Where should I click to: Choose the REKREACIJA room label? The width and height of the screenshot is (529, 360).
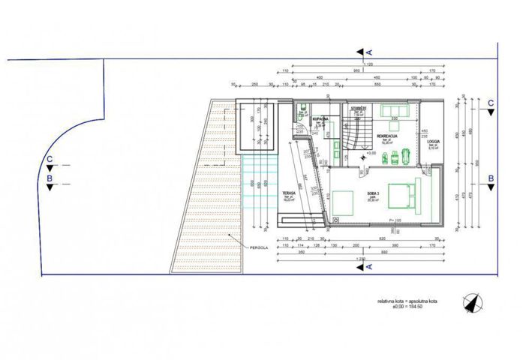387,136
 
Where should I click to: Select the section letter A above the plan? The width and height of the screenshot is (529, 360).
369,51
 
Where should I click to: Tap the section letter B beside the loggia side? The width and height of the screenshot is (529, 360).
490,178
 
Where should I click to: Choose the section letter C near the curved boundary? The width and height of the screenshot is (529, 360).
50,159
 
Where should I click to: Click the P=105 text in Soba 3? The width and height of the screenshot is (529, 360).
396,220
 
